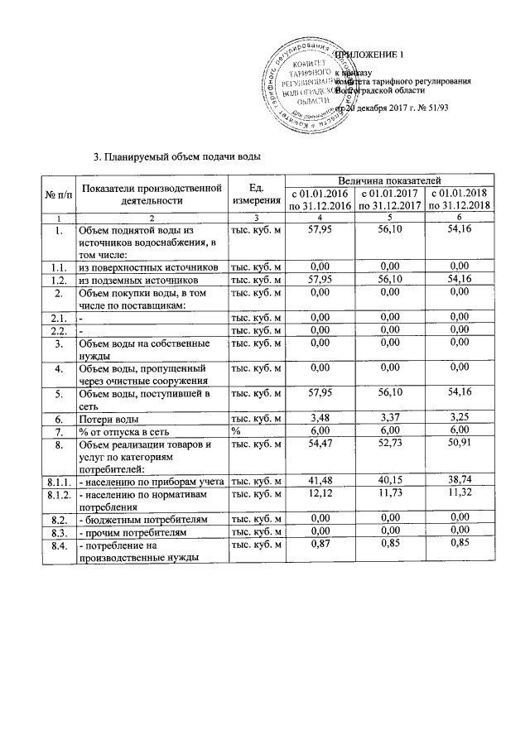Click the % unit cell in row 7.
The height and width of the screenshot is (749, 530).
236,432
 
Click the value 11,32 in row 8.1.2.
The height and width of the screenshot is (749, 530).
458,494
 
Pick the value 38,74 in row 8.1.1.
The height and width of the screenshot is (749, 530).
458,480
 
